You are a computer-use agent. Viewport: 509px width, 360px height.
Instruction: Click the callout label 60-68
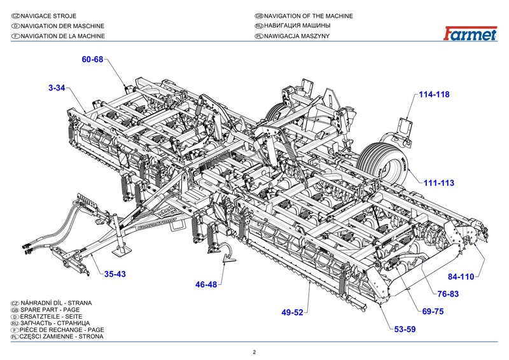[x=92, y=60]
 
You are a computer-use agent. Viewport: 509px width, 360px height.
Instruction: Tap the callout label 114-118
[x=434, y=94]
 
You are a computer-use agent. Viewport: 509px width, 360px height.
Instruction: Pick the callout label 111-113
[x=439, y=183]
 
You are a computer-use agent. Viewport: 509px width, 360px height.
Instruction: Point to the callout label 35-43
[x=115, y=275]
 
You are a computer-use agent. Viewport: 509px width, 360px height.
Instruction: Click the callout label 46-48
[x=206, y=284]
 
